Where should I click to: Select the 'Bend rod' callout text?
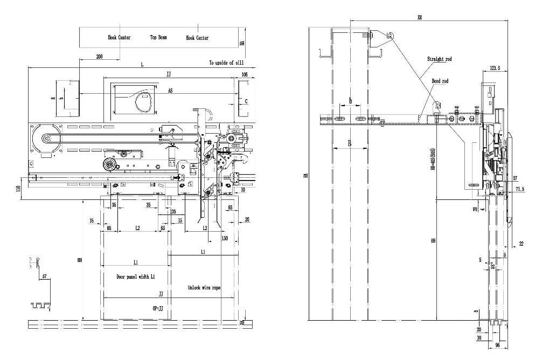pos(440,81)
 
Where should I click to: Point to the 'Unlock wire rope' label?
pos(204,288)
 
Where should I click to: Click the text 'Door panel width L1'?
pos(136,276)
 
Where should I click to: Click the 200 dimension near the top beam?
pos(100,56)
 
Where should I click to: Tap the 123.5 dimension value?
pos(495,68)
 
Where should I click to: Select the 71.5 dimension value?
pos(520,190)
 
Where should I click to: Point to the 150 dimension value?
pos(224,238)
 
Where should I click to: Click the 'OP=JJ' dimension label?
pos(159,309)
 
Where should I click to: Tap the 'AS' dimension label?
pos(170,91)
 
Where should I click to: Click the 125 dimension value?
pos(173,212)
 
